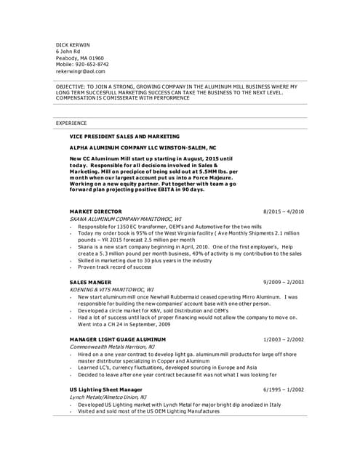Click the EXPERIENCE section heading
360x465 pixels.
click(x=71, y=124)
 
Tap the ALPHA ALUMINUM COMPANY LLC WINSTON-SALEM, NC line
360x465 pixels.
click(x=143, y=147)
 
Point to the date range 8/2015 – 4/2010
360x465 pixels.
click(x=283, y=211)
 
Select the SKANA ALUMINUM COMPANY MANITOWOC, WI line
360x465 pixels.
click(x=124, y=218)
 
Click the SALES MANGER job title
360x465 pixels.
click(x=90, y=281)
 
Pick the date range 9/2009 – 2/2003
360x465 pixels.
click(x=283, y=281)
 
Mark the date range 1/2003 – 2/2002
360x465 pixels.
click(x=283, y=339)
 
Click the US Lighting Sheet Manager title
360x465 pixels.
click(x=105, y=389)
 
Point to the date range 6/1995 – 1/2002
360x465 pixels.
click(x=283, y=389)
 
